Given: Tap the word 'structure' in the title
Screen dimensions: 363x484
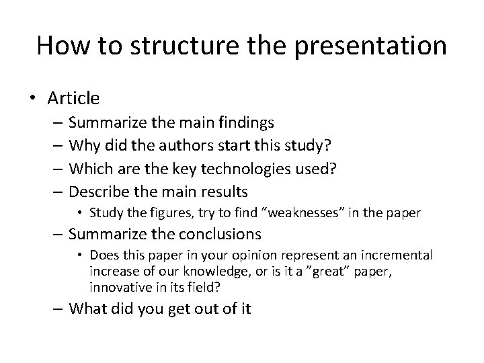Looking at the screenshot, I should click(x=167, y=46).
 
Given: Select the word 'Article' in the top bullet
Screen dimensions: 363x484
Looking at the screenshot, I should click(x=74, y=98).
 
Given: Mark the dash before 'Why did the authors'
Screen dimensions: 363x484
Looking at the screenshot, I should click(x=56, y=146).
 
